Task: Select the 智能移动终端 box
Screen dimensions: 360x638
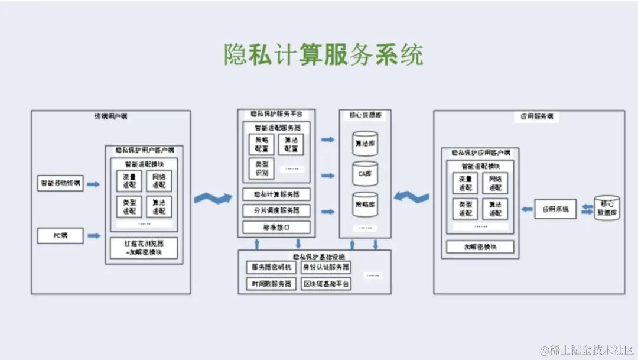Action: click(x=60, y=184)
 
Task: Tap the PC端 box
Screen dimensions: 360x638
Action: click(x=60, y=236)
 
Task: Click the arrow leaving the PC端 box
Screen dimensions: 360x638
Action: click(x=93, y=236)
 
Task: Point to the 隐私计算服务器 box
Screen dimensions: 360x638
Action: click(x=276, y=194)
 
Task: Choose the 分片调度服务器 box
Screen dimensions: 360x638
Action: click(x=276, y=210)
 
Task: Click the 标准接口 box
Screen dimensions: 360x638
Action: click(x=276, y=227)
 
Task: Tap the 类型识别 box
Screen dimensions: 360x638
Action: click(x=261, y=168)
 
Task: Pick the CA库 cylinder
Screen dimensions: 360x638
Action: click(x=364, y=174)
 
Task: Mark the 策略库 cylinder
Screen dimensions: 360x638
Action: click(x=364, y=205)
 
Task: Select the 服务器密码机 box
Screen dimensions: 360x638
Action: click(x=271, y=267)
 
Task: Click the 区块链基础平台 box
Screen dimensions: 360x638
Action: click(x=326, y=284)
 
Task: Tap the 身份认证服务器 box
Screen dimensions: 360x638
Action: click(x=326, y=267)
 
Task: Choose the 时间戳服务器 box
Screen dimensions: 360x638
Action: click(x=271, y=284)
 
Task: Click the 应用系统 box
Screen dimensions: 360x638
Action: click(x=555, y=209)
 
